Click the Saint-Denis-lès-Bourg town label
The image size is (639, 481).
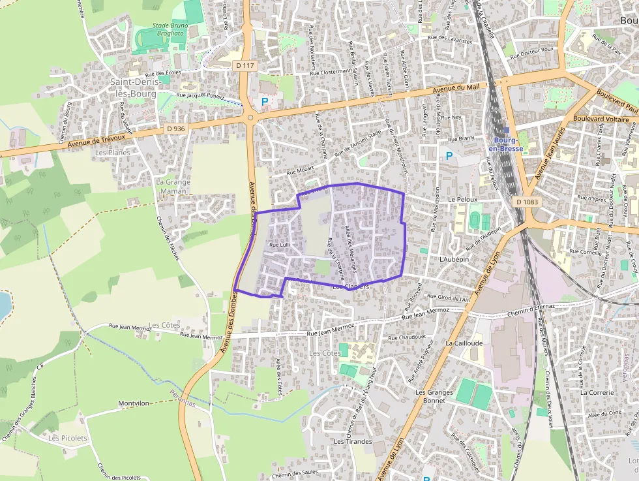tap(138, 87)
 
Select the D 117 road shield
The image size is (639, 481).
tap(246, 65)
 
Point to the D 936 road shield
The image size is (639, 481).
tap(175, 129)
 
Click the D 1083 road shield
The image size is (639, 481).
tap(527, 202)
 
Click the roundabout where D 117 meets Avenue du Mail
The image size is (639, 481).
tap(250, 118)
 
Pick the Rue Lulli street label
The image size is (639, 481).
tap(279, 245)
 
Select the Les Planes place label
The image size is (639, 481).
tap(112, 153)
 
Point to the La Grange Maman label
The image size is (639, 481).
tap(173, 187)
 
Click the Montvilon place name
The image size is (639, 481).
tap(134, 403)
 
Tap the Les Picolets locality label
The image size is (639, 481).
tap(68, 438)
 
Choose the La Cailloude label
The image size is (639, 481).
tap(464, 343)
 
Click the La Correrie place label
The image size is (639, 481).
tap(597, 393)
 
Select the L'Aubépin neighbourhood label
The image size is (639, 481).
tap(454, 259)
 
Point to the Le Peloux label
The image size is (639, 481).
tap(463, 199)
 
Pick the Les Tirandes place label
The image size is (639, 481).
tap(352, 441)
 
